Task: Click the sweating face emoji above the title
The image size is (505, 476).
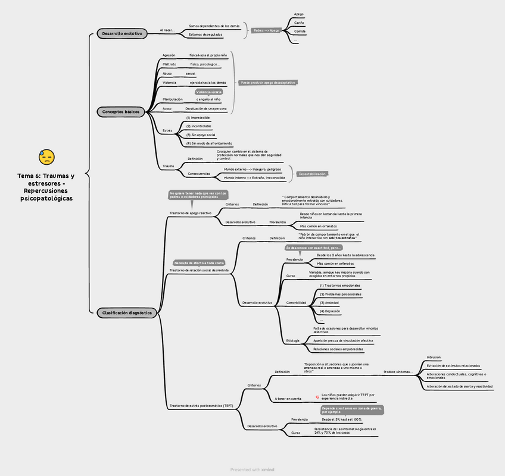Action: (x=46, y=157)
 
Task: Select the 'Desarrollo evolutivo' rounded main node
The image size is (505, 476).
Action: (x=122, y=34)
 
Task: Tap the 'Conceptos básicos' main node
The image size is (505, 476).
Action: (x=121, y=112)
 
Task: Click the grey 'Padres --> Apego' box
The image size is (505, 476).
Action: (x=266, y=30)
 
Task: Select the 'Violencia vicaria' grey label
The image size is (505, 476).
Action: (x=208, y=92)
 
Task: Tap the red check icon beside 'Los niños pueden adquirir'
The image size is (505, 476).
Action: (x=317, y=396)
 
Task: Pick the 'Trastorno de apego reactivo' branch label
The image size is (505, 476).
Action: (x=190, y=213)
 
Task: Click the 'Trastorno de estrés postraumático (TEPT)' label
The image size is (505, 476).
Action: (x=201, y=406)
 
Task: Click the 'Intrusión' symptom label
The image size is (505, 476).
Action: (x=434, y=358)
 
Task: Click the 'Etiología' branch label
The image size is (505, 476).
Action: (x=293, y=340)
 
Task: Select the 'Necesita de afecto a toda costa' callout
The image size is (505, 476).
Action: (x=199, y=262)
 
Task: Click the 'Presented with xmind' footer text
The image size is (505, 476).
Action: (x=253, y=469)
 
